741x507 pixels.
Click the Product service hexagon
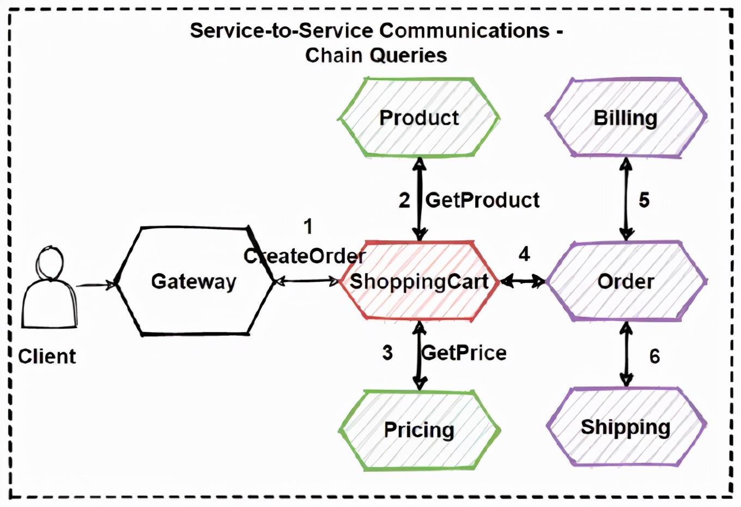pyautogui.click(x=418, y=118)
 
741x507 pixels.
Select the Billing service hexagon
pyautogui.click(x=625, y=118)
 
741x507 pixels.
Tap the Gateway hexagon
pyautogui.click(x=194, y=281)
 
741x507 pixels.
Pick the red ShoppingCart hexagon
pyautogui.click(x=418, y=281)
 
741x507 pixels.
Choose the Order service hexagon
pyautogui.click(x=625, y=281)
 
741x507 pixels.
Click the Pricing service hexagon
pyautogui.click(x=418, y=430)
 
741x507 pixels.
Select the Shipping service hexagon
pyautogui.click(x=625, y=427)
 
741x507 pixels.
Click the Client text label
pyautogui.click(x=47, y=357)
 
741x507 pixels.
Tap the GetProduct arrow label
pyautogui.click(x=482, y=200)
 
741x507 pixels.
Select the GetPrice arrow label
pyautogui.click(x=464, y=353)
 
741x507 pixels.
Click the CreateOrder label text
pyautogui.click(x=305, y=256)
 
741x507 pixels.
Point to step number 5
pyautogui.click(x=644, y=200)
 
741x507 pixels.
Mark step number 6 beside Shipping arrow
pyautogui.click(x=654, y=357)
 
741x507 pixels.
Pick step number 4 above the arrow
pyautogui.click(x=524, y=254)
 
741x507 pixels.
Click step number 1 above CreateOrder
pyautogui.click(x=308, y=226)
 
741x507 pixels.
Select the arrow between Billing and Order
pyautogui.click(x=626, y=199)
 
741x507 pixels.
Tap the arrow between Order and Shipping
pyautogui.click(x=627, y=354)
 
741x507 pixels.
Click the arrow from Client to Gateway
pyautogui.click(x=95, y=284)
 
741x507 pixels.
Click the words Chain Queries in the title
pyautogui.click(x=376, y=55)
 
